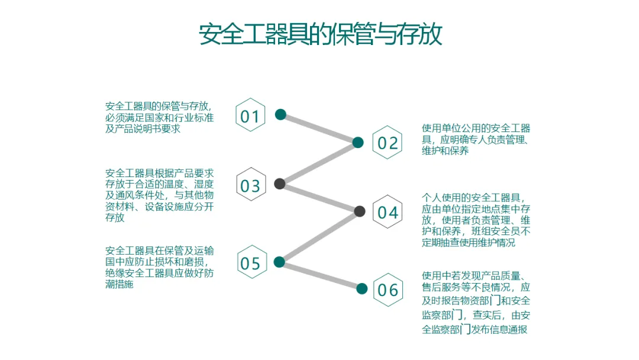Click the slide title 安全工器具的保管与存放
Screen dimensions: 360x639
pyautogui.click(x=320, y=35)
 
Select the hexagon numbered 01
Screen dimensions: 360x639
pyautogui.click(x=250, y=115)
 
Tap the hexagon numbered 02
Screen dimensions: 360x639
pyautogui.click(x=388, y=143)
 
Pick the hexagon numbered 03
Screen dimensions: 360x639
pyautogui.click(x=250, y=185)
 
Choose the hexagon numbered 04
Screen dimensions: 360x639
pyautogui.click(x=388, y=212)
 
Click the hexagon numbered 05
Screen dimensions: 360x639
pyautogui.click(x=250, y=262)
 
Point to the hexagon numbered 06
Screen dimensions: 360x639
pyautogui.click(x=388, y=290)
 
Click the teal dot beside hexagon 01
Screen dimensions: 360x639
pyautogui.click(x=280, y=114)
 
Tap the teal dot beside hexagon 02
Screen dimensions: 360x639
pyautogui.click(x=358, y=142)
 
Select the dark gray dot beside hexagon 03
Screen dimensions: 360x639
pyautogui.click(x=280, y=184)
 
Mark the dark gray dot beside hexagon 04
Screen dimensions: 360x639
pyautogui.click(x=359, y=211)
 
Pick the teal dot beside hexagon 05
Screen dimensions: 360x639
pyautogui.click(x=280, y=262)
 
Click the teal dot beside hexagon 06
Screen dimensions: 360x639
pyautogui.click(x=362, y=289)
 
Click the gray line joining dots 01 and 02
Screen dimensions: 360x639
pyautogui.click(x=319, y=128)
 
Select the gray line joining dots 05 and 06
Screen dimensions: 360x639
pyautogui.click(x=321, y=275)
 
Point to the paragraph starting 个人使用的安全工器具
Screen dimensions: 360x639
pyautogui.click(x=476, y=220)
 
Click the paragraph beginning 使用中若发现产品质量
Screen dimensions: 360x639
pyautogui.click(x=476, y=302)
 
